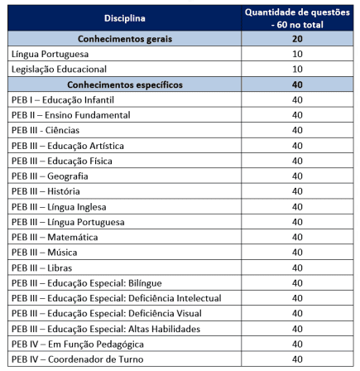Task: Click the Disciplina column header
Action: click(x=125, y=18)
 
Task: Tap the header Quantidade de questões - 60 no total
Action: click(x=297, y=18)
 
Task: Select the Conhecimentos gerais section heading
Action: click(x=125, y=39)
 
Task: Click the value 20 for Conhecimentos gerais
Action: click(x=297, y=39)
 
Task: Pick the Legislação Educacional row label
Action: click(x=59, y=70)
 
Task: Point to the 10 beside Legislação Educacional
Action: click(x=297, y=69)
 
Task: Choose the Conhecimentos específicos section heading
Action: click(x=125, y=84)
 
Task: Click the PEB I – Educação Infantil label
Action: click(x=63, y=100)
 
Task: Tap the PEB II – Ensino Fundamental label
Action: click(x=70, y=115)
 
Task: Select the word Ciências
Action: click(x=62, y=130)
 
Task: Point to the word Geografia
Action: click(x=68, y=176)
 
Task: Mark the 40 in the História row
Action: click(x=297, y=191)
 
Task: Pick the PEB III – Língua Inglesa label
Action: click(x=59, y=207)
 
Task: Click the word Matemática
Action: click(x=73, y=237)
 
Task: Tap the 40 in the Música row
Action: click(x=297, y=253)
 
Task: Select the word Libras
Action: click(x=60, y=268)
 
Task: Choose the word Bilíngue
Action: click(x=145, y=283)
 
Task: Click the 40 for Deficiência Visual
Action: click(x=297, y=313)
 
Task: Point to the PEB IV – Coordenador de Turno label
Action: click(x=77, y=359)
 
